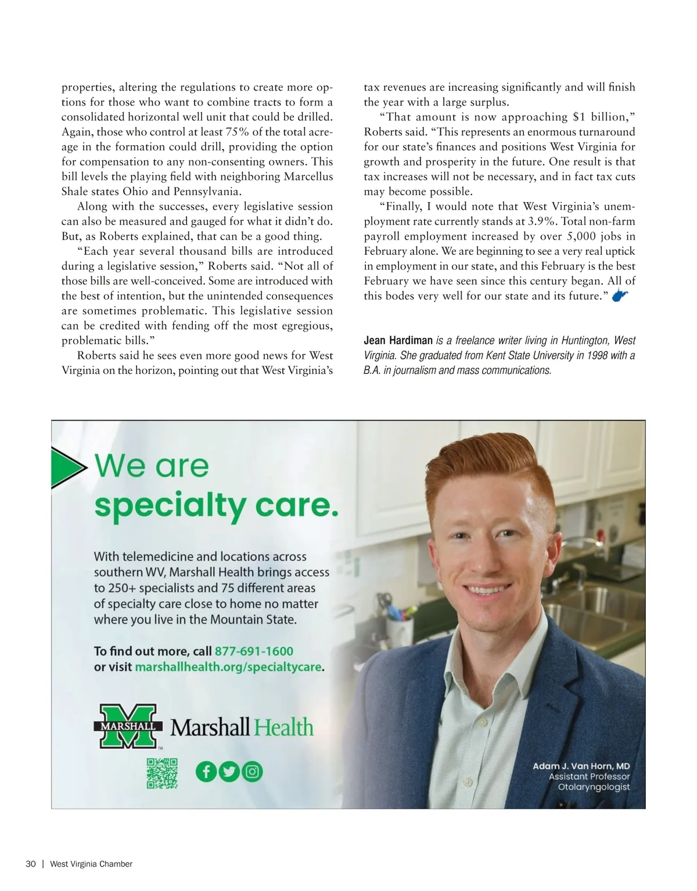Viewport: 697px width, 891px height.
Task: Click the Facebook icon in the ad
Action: pyautogui.click(x=206, y=771)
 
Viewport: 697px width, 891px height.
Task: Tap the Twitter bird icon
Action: pyautogui.click(x=229, y=771)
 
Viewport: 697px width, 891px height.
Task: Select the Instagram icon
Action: pyautogui.click(x=252, y=771)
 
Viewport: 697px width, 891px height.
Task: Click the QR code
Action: pyautogui.click(x=161, y=773)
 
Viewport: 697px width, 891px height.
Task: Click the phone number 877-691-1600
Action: pyautogui.click(x=254, y=651)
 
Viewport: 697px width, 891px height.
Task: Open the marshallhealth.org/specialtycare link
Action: pyautogui.click(x=228, y=667)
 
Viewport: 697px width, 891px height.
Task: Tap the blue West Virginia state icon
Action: pyautogui.click(x=620, y=296)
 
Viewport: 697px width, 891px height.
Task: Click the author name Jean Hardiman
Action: pyautogui.click(x=398, y=340)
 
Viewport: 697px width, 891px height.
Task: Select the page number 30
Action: pyautogui.click(x=31, y=864)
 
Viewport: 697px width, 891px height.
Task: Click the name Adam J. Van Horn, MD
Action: pyautogui.click(x=581, y=766)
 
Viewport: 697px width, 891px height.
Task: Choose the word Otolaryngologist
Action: pyautogui.click(x=594, y=787)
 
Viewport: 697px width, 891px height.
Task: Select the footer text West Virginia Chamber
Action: pyautogui.click(x=91, y=864)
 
